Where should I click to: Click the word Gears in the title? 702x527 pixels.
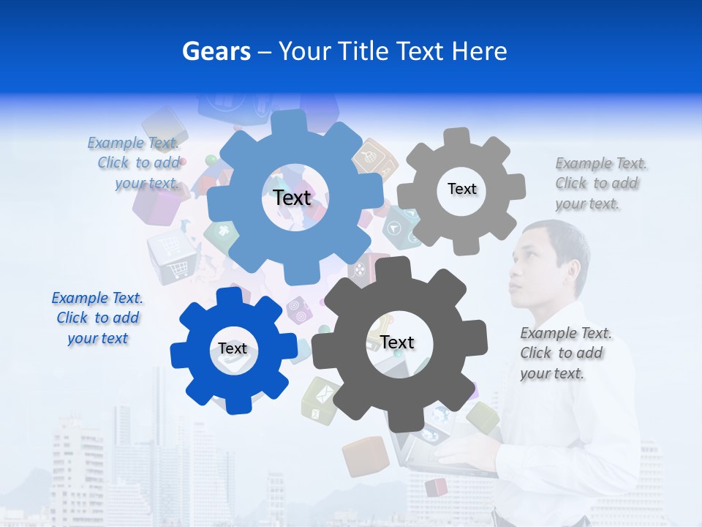pos(216,51)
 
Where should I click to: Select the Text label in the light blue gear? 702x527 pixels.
pos(292,198)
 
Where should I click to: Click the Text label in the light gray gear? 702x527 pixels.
pos(462,189)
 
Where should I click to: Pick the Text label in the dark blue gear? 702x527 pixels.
pos(233,348)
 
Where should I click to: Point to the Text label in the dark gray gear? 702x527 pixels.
pos(397,342)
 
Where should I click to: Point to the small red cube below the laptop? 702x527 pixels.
pos(437,487)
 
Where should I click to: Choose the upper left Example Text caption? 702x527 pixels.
pos(134,162)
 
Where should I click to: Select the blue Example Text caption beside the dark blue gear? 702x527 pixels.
pos(97,318)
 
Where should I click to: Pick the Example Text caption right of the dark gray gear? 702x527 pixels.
pos(565,353)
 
